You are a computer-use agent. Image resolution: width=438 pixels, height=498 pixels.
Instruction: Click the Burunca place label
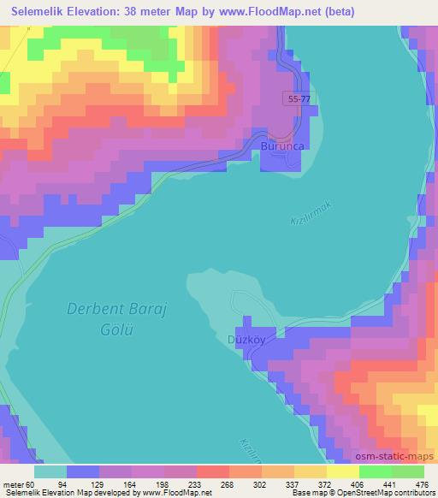click(283, 147)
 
